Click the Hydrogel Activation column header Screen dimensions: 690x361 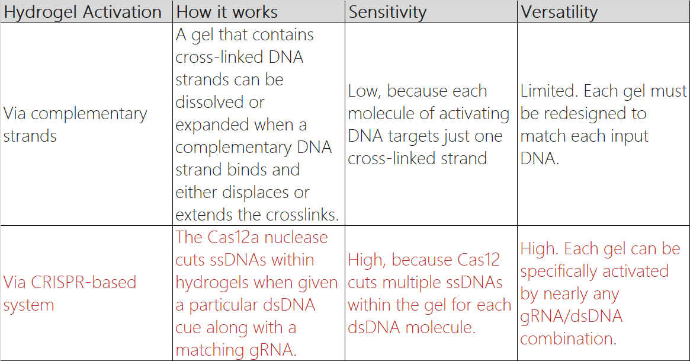[83, 12]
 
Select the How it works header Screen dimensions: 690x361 [227, 12]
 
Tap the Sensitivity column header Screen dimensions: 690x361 [387, 12]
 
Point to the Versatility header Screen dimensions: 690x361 [559, 12]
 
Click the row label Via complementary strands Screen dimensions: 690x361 [75, 124]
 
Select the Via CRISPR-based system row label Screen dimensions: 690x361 [70, 293]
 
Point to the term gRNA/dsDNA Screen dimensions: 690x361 [571, 317]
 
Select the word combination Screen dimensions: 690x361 [568, 338]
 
